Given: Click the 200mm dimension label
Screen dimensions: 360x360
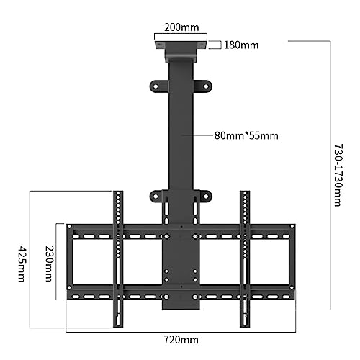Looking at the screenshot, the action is pyautogui.click(x=181, y=27).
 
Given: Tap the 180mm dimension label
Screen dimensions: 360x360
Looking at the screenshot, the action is pyautogui.click(x=241, y=45).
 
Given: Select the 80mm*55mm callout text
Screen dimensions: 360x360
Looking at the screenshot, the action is pyautogui.click(x=246, y=135).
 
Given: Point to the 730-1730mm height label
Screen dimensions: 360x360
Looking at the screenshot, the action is pyautogui.click(x=339, y=175).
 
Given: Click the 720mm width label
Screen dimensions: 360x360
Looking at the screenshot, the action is pyautogui.click(x=181, y=340).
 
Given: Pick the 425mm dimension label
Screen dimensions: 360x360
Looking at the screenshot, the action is pyautogui.click(x=22, y=264).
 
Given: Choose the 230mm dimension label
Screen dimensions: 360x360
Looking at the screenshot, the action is pyautogui.click(x=49, y=264).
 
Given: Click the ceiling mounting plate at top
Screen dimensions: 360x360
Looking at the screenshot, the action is pyautogui.click(x=181, y=45).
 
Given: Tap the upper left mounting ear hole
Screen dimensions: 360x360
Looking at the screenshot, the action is pyautogui.click(x=156, y=86).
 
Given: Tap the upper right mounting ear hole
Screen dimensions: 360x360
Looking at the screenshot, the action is pyautogui.click(x=206, y=86).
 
